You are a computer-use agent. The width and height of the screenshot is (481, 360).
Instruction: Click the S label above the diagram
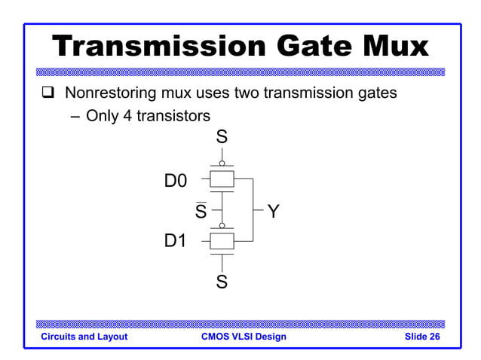click(222, 137)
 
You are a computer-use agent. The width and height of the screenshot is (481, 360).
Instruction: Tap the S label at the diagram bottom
click(222, 282)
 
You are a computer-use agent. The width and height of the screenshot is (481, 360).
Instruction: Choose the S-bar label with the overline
click(201, 212)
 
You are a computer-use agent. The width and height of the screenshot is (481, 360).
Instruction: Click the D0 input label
click(176, 181)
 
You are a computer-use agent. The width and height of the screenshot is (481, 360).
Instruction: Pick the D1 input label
click(176, 242)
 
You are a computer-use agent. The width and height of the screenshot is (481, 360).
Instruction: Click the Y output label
click(273, 212)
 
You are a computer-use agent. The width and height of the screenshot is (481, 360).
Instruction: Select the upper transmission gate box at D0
click(222, 180)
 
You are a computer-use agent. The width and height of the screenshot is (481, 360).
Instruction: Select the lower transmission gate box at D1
click(222, 241)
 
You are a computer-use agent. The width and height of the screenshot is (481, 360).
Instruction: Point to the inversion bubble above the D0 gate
click(222, 163)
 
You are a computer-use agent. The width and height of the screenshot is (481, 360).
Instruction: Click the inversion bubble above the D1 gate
click(222, 224)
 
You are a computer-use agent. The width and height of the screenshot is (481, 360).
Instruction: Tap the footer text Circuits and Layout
click(84, 337)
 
